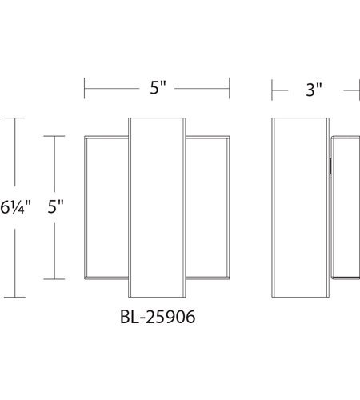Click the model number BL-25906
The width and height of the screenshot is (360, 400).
158,317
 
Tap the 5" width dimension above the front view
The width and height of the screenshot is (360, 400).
158,87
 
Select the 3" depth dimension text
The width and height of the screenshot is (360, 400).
314,90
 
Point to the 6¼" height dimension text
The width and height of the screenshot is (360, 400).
15,207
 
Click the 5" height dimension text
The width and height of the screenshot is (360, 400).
55,206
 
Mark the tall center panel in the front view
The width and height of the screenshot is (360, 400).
157,207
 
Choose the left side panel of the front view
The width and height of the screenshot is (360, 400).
106,207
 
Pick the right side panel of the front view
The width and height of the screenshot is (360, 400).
207,207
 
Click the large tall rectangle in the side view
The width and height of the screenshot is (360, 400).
301,207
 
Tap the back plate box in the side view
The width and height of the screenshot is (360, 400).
346,208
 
